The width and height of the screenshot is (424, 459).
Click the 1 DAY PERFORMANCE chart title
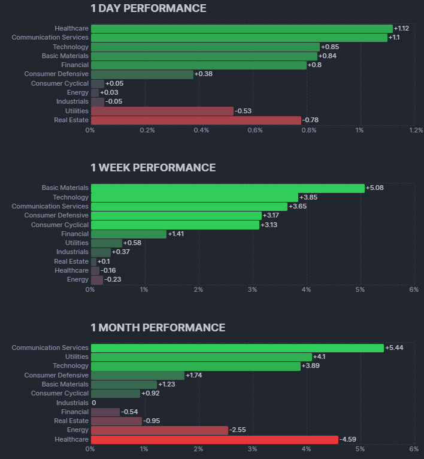148,8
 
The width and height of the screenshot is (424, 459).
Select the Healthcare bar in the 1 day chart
241,29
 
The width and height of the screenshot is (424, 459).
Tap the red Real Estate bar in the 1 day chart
196,120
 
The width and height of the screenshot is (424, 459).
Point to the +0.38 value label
205,74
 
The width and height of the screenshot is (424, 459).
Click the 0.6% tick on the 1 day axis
255,131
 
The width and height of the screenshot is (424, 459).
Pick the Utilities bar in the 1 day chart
162,111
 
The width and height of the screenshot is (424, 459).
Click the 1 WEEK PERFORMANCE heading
153,168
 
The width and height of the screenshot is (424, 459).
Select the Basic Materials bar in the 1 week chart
228,188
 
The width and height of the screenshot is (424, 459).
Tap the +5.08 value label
374,188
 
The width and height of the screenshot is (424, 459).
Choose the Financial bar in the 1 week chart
128,234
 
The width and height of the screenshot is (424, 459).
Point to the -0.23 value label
112,280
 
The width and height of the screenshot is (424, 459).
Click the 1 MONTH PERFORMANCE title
158,328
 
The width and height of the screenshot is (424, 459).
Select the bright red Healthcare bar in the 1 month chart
214,439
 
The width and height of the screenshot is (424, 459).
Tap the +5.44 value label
394,348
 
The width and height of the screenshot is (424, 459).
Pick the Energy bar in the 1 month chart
159,430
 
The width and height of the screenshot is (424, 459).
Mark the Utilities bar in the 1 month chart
201,357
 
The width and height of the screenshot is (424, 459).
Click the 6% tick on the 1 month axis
413,449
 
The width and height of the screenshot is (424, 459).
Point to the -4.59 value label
348,440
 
